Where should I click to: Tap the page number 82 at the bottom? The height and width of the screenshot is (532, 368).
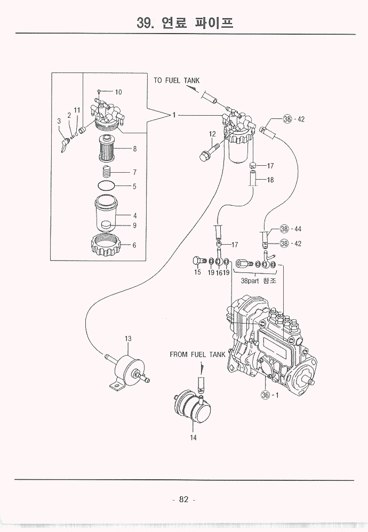click(184, 499)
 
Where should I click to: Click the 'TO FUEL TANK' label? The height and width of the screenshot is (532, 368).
click(177, 80)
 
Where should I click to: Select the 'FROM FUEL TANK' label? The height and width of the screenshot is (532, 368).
click(198, 354)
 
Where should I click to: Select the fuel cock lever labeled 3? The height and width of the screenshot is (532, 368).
click(65, 143)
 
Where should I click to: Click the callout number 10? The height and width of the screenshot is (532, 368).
click(118, 92)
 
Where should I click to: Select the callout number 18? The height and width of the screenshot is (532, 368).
click(270, 180)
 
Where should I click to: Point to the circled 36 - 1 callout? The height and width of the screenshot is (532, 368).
click(269, 395)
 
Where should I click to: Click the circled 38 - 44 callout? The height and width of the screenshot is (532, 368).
click(291, 229)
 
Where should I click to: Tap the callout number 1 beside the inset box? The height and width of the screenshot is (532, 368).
click(173, 114)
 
